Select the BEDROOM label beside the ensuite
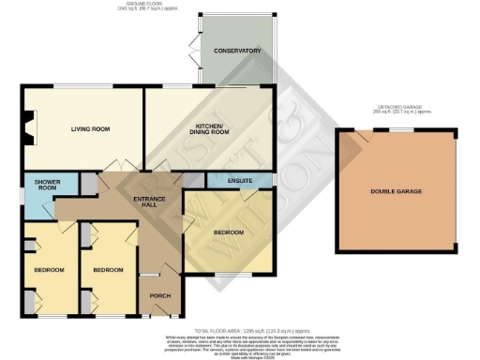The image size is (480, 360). (229, 231)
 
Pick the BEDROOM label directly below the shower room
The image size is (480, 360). (48, 270)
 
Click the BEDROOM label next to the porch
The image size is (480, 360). (107, 270)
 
